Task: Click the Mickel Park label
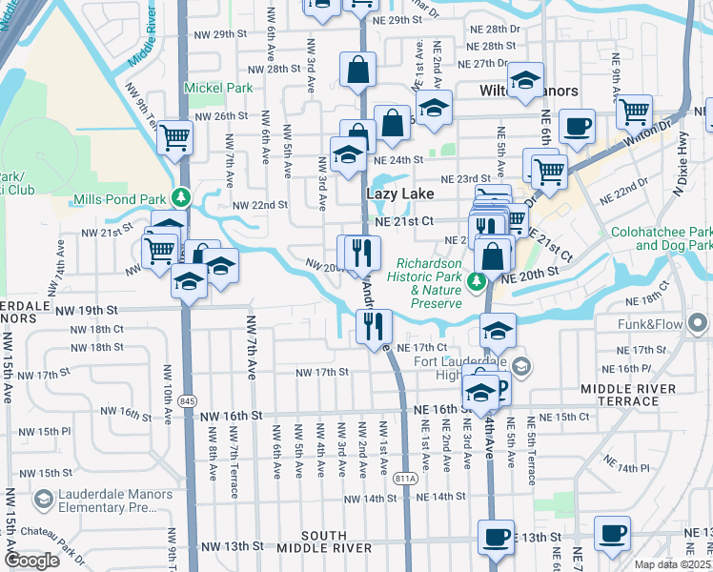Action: click(x=219, y=88)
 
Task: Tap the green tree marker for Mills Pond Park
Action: click(x=181, y=198)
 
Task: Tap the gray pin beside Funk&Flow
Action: click(x=700, y=324)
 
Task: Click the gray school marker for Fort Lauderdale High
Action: click(x=520, y=366)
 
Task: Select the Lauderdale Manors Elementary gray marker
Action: click(x=43, y=500)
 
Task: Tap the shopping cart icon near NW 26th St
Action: click(x=174, y=138)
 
